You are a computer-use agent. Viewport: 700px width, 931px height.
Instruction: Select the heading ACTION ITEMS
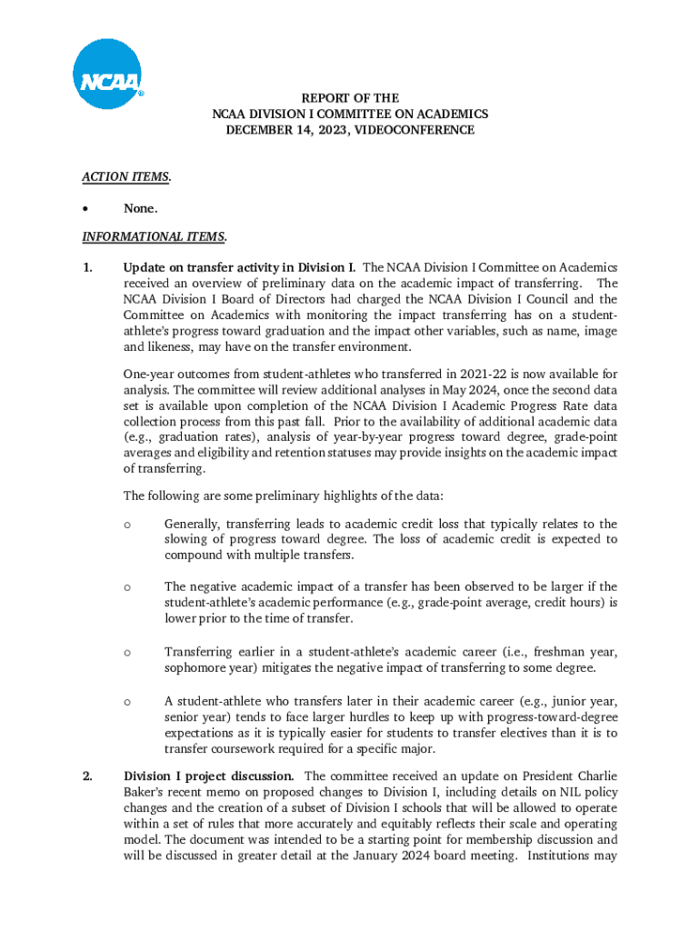point(126,177)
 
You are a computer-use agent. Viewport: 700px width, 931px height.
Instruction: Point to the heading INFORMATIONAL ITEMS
point(154,236)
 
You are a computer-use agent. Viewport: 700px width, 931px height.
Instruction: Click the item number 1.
point(87,267)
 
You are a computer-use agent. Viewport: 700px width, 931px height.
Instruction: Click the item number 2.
point(87,776)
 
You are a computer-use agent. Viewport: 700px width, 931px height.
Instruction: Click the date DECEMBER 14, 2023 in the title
point(285,130)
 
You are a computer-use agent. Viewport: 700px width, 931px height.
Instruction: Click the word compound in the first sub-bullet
point(193,555)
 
